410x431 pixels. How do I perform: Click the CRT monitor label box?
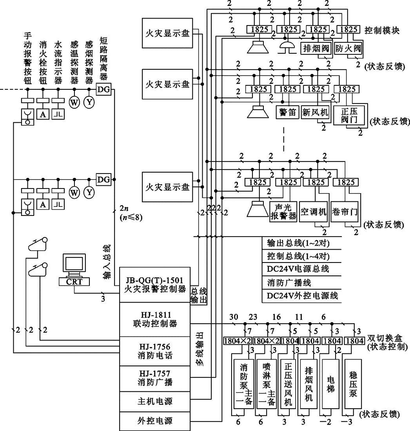coord(74,281)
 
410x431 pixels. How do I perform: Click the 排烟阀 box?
coord(316,49)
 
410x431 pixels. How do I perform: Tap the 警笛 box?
coord(287,112)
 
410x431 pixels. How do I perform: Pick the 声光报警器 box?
coord(283,212)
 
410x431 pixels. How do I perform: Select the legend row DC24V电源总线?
coord(298,268)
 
